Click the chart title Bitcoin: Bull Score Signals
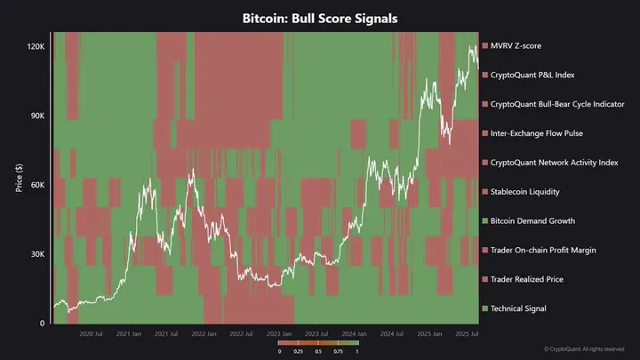[319, 17]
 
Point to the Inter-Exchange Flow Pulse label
[536, 133]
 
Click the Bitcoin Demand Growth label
[532, 220]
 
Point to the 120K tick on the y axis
[36, 45]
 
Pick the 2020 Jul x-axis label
[93, 334]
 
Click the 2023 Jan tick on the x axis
[279, 334]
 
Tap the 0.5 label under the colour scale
[317, 351]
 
